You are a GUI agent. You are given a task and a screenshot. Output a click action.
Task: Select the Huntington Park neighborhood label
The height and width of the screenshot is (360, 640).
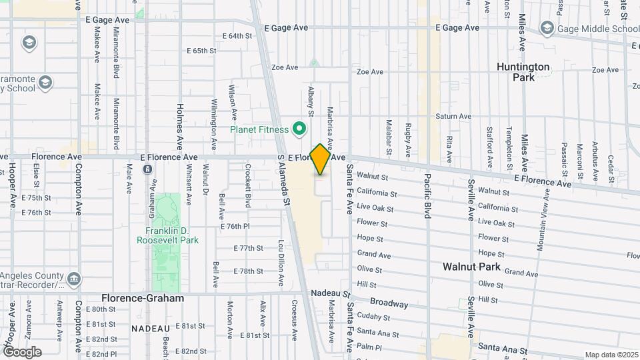523,72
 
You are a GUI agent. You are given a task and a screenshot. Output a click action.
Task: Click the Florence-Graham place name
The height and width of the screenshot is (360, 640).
143,298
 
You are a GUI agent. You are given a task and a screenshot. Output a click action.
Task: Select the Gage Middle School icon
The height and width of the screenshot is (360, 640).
547,28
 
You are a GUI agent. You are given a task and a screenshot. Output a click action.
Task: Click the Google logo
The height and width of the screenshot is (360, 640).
22,351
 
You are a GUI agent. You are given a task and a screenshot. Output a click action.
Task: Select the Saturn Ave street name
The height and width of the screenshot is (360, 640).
453,116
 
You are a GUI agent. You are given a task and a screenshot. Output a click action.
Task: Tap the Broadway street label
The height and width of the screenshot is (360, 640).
389,303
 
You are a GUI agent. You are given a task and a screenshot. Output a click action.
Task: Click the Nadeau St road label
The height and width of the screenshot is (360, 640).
330,293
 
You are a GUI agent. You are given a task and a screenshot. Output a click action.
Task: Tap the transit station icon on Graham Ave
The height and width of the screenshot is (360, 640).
147,169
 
